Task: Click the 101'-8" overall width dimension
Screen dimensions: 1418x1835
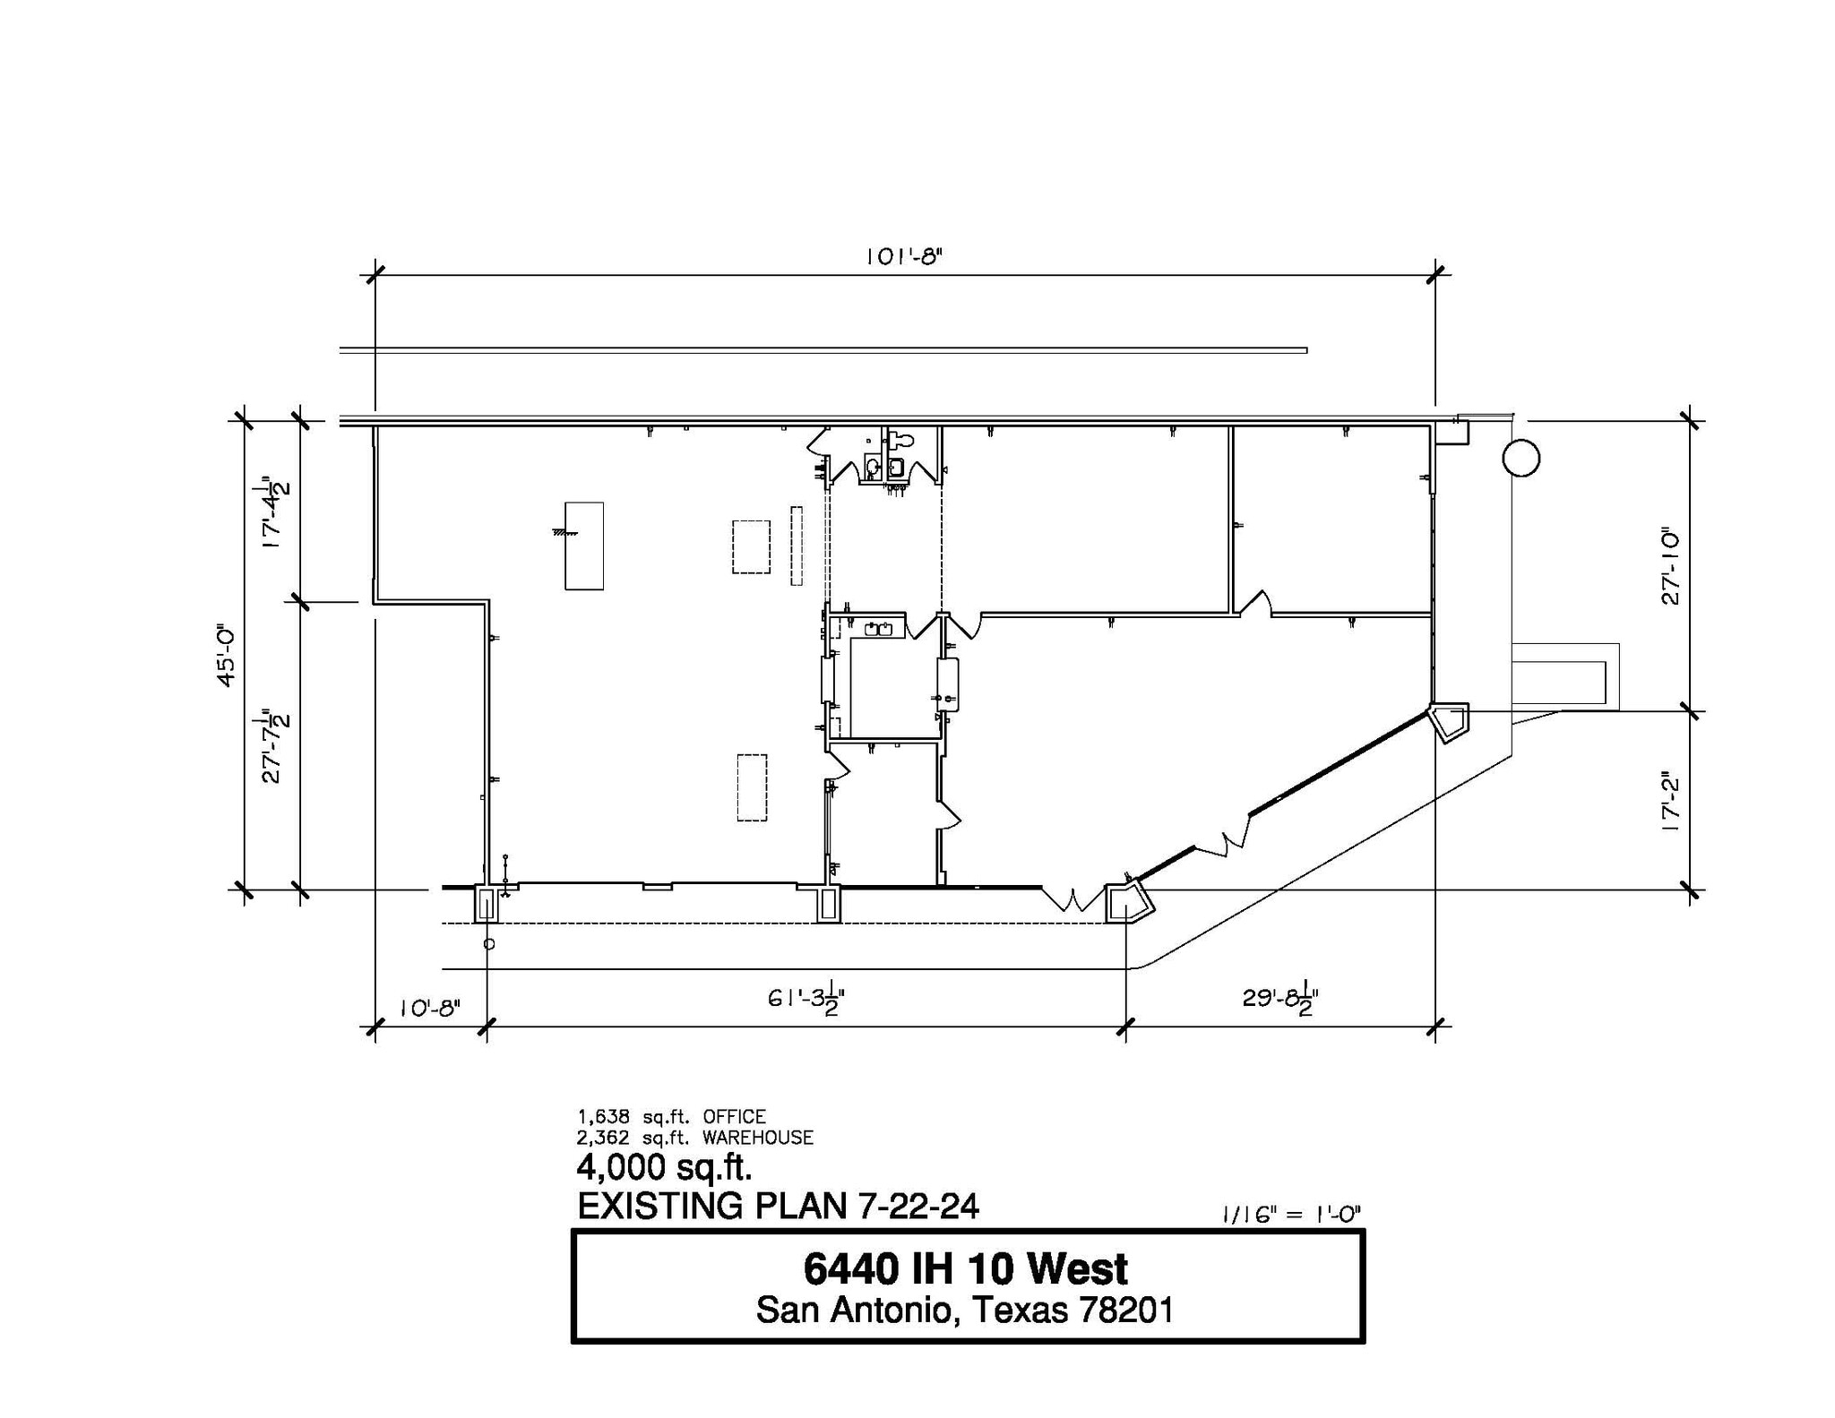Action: tap(904, 257)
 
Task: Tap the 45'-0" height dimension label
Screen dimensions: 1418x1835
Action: tap(226, 657)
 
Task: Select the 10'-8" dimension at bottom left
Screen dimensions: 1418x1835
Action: tap(429, 1008)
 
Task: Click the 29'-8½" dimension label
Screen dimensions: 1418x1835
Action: tap(1280, 999)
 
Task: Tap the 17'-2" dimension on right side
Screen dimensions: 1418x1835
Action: tap(1670, 803)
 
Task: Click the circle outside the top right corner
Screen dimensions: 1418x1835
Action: tap(1521, 458)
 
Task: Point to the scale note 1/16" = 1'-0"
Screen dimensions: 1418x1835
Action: tap(1291, 1215)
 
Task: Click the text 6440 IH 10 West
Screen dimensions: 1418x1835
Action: tap(966, 1269)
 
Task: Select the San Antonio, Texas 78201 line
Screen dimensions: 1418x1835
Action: tap(965, 1311)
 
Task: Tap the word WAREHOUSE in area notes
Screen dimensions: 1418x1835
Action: tap(758, 1138)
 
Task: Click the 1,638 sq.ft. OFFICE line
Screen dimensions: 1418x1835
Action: tap(672, 1117)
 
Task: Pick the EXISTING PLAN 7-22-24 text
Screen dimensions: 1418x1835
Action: tap(778, 1207)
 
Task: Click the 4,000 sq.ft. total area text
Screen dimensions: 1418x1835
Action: tap(664, 1167)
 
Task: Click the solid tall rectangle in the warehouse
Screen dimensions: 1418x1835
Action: tap(583, 546)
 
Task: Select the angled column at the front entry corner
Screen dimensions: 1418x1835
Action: tap(1127, 903)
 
